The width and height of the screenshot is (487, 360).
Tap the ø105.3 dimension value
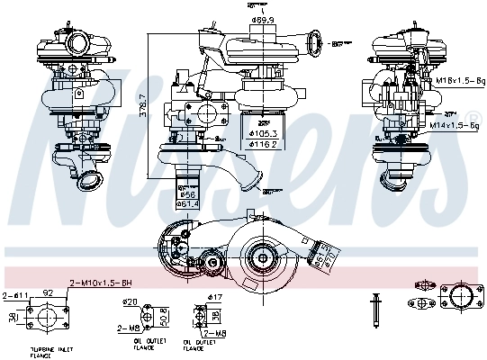(263, 133)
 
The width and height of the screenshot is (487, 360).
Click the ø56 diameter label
(186, 193)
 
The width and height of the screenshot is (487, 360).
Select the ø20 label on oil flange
(131, 301)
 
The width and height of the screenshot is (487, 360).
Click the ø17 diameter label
(214, 297)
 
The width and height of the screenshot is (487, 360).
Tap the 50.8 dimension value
(162, 318)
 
